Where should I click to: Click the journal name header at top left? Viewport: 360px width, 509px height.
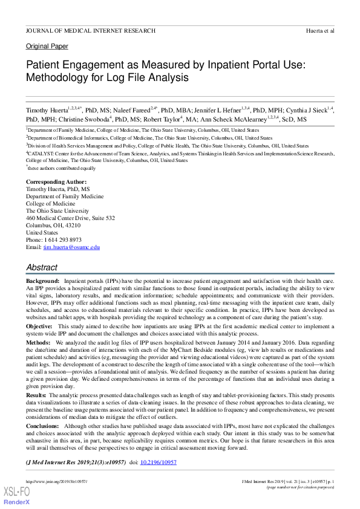[90, 30]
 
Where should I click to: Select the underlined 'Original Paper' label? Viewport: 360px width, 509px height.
[47, 47]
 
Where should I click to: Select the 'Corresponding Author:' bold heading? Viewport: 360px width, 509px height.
[56, 182]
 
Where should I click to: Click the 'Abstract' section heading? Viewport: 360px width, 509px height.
[42, 267]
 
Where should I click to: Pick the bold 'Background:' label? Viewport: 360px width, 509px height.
[42, 282]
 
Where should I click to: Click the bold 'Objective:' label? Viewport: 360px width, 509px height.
[39, 326]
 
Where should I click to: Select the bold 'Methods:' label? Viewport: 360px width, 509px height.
[38, 342]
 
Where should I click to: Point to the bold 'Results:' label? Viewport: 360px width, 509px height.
[36, 395]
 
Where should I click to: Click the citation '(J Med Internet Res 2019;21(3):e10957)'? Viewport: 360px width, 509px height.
[76, 462]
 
